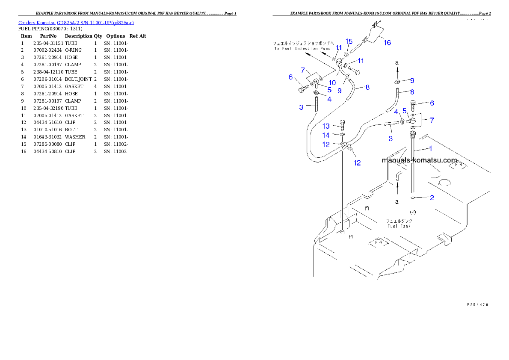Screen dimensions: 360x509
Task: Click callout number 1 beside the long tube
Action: [x=430, y=148]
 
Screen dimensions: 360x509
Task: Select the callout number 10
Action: [x=332, y=82]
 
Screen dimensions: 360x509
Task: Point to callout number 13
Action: [x=326, y=126]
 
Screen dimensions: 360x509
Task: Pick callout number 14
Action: [x=326, y=135]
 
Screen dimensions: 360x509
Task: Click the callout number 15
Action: [x=349, y=41]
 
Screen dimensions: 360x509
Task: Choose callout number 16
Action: [x=387, y=43]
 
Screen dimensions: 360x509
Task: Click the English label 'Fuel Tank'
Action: [x=399, y=226]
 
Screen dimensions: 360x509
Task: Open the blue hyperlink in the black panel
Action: [x=76, y=23]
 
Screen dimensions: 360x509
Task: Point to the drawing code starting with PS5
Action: [x=477, y=304]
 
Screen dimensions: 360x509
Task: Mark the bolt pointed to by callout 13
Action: [x=343, y=125]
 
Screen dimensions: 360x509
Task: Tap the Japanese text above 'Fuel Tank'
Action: [x=399, y=221]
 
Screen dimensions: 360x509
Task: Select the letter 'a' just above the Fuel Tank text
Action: [x=397, y=201]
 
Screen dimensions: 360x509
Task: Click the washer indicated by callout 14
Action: [x=343, y=135]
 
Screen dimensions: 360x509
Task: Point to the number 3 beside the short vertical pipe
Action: [x=301, y=107]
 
